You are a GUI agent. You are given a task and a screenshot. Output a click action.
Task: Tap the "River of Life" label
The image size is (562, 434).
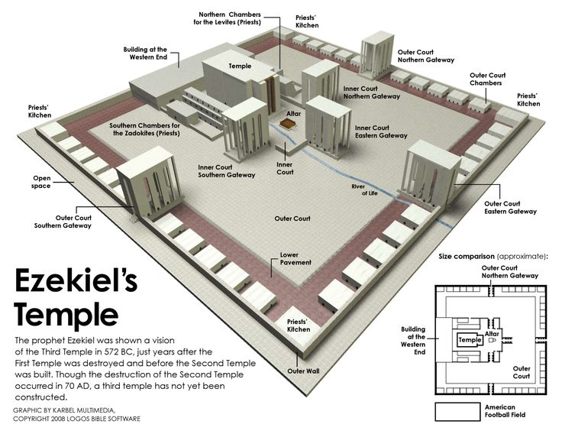363,189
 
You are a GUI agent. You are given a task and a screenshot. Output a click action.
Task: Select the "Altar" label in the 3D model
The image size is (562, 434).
294,113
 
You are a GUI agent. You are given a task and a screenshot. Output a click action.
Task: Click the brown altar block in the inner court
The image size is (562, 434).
292,126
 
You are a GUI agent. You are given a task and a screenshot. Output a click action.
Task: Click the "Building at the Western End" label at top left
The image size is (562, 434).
145,53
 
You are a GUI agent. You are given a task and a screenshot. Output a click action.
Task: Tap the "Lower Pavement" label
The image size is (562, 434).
296,258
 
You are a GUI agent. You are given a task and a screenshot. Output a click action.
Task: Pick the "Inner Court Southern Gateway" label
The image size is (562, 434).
227,170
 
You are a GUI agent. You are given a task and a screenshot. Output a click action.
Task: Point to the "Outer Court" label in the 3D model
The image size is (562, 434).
292,219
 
